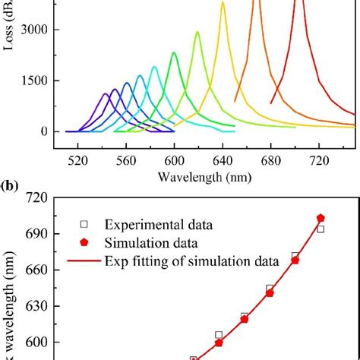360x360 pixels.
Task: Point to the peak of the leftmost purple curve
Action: coord(106,94)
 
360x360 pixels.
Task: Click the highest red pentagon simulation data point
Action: coord(321,218)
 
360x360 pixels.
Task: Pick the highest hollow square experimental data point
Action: coord(321,229)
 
